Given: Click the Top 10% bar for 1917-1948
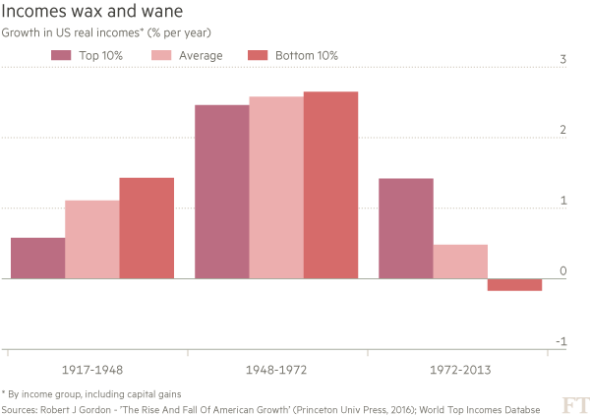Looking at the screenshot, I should (37, 258).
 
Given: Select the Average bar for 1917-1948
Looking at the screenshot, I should (91, 239).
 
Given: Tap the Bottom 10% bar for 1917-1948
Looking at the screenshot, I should (147, 227).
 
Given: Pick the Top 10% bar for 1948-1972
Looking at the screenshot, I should (221, 191).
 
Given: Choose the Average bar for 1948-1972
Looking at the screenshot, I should (275, 187).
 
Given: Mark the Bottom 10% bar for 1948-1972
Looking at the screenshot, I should (330, 185).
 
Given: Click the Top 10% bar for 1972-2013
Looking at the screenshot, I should (405, 228).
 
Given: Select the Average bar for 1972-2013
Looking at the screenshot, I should (460, 261).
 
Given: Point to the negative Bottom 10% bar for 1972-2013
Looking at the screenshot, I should (514, 285).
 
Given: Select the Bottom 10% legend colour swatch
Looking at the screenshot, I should (258, 55).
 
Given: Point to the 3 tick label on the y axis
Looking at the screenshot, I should (562, 60).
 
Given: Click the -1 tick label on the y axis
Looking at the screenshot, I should (560, 342).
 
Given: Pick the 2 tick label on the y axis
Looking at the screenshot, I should (562, 131).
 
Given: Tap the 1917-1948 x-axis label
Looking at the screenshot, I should (91, 371).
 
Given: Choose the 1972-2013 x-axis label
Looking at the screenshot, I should (459, 371).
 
